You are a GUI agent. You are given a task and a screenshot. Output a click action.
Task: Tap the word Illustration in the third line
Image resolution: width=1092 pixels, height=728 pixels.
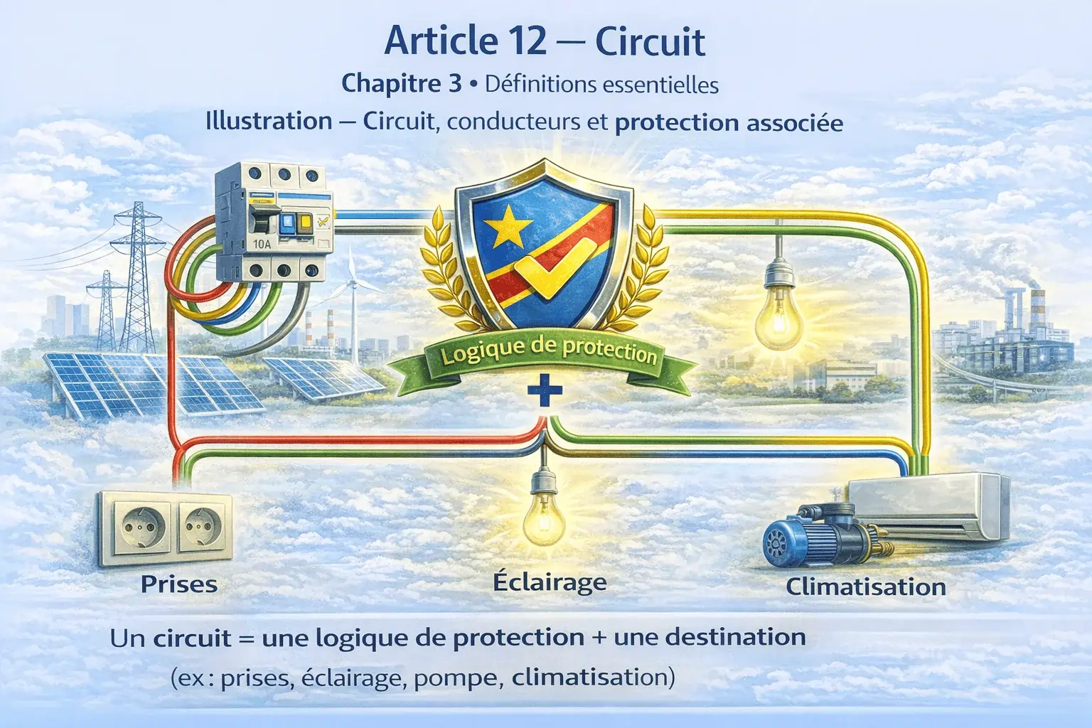coord(269,122)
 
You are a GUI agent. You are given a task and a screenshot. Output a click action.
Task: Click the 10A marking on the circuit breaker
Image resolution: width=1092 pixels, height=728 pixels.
coord(263,244)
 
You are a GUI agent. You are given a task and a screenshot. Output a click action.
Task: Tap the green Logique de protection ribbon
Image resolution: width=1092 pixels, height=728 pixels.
coord(548,353)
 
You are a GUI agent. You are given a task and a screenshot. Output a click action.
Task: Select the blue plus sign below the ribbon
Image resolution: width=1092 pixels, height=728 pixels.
coord(546,392)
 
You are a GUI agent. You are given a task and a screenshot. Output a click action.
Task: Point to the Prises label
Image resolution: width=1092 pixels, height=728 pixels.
coord(179,584)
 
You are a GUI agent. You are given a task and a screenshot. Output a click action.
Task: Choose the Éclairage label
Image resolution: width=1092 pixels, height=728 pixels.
coord(550,582)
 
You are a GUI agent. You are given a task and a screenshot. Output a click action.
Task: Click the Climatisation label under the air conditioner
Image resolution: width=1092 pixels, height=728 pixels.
coord(866,587)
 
